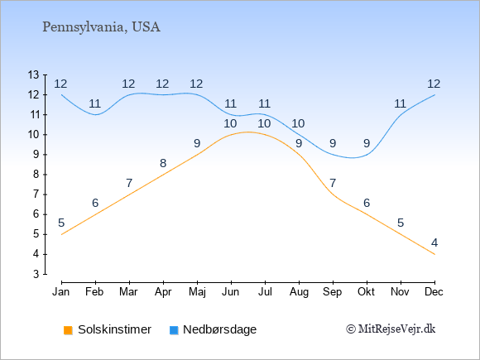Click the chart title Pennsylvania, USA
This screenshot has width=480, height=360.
(x=101, y=27)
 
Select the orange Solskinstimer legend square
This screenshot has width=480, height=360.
(x=68, y=330)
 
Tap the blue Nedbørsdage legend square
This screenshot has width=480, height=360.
(x=174, y=330)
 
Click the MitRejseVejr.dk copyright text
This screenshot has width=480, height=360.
(x=391, y=329)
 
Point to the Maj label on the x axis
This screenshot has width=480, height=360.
(x=197, y=292)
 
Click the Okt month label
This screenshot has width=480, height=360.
(x=366, y=292)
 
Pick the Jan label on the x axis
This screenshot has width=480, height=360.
(x=61, y=292)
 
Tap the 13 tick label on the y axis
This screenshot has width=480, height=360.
(x=33, y=74)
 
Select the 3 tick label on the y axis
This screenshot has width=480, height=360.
(x=36, y=274)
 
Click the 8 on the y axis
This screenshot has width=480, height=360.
(x=36, y=175)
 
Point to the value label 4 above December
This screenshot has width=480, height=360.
(x=434, y=243)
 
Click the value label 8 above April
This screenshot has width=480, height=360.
(x=163, y=164)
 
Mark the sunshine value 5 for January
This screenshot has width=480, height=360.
(x=61, y=223)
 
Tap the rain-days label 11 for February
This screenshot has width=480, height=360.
(x=95, y=103)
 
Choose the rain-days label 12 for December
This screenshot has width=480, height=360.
(x=434, y=84)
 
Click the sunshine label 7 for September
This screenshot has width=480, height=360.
(x=333, y=184)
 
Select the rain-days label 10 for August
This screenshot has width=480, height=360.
(x=298, y=123)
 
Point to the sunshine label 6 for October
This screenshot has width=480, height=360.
(x=367, y=203)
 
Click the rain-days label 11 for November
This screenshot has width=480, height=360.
(x=400, y=103)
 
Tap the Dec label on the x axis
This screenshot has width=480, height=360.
(x=434, y=292)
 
